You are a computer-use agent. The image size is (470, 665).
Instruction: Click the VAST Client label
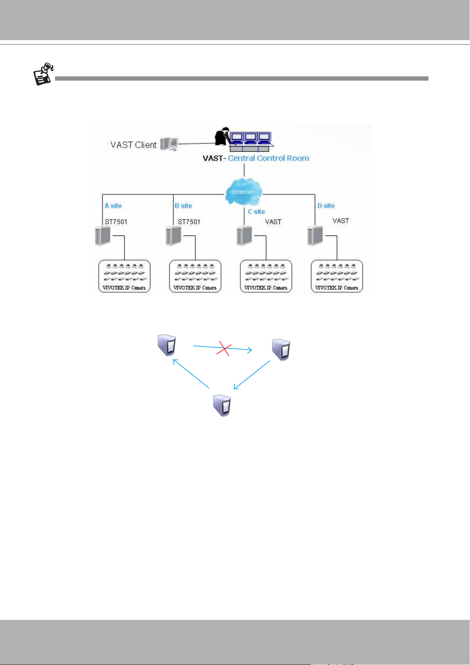[x=133, y=145]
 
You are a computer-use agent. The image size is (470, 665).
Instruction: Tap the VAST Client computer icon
[x=169, y=144]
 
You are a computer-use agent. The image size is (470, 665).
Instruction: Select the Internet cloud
[x=244, y=191]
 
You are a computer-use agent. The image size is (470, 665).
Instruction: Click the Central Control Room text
[x=268, y=158]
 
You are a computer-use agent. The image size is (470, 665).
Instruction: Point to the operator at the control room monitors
[x=222, y=136]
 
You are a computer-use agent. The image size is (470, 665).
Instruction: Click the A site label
[x=113, y=206]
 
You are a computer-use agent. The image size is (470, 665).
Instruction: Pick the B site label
[x=184, y=206]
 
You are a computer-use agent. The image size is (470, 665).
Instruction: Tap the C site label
[x=256, y=212]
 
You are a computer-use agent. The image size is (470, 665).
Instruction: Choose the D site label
[x=326, y=206]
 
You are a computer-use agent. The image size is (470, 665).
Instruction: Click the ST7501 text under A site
[x=116, y=222]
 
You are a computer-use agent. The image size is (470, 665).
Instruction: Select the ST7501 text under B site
[x=189, y=222]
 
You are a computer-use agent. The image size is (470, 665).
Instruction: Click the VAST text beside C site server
[x=273, y=222]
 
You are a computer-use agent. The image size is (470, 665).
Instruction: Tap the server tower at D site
[x=315, y=235]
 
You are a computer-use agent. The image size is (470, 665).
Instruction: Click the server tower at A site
[x=103, y=235]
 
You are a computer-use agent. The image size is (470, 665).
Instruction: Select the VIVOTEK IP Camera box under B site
[x=195, y=276]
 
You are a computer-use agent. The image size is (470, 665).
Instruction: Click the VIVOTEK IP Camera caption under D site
[x=337, y=288]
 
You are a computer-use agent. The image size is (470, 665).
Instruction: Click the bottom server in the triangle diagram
[x=222, y=405]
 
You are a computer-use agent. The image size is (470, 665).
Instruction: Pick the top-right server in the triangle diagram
[x=281, y=350]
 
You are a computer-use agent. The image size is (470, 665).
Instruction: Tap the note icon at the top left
[x=43, y=74]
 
